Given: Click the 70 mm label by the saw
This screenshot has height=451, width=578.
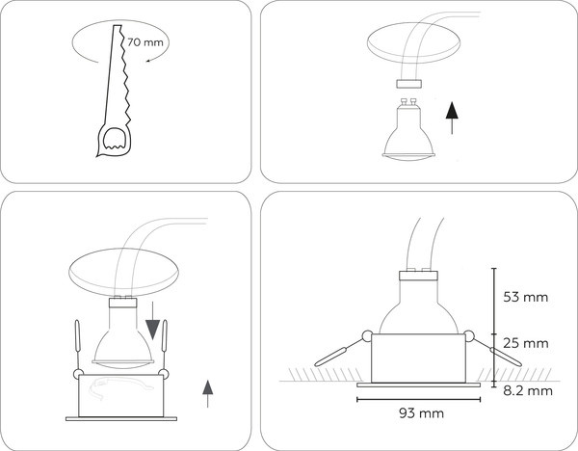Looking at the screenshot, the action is click(x=145, y=42).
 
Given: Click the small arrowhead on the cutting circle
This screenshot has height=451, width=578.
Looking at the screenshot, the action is click(x=148, y=60).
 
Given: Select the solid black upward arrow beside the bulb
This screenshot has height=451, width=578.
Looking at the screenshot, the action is click(x=452, y=118).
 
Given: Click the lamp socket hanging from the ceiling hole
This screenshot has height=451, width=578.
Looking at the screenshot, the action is click(x=408, y=84).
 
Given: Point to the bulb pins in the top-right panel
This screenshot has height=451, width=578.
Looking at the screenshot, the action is click(x=408, y=102).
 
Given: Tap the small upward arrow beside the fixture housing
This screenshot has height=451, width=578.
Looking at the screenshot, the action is click(x=208, y=393).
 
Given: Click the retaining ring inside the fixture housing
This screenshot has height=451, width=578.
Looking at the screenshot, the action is click(x=121, y=388).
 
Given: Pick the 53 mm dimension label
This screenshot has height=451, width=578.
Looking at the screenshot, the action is click(x=526, y=297).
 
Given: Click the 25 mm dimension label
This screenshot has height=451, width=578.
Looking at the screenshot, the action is click(x=526, y=343).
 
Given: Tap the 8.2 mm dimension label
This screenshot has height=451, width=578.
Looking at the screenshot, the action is click(x=528, y=391).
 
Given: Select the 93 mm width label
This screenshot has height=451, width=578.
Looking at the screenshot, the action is click(x=421, y=413).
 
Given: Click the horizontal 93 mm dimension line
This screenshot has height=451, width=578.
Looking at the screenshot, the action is click(x=419, y=399).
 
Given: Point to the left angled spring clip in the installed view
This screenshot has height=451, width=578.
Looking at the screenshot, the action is click(x=334, y=354).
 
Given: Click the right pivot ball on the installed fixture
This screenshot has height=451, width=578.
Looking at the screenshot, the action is click(x=469, y=336).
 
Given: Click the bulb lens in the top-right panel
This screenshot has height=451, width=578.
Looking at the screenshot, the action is click(x=408, y=157).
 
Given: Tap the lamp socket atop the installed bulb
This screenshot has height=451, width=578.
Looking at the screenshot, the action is click(x=419, y=276).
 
